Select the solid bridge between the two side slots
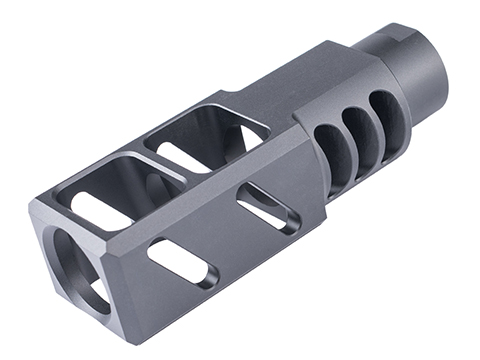[224, 235]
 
